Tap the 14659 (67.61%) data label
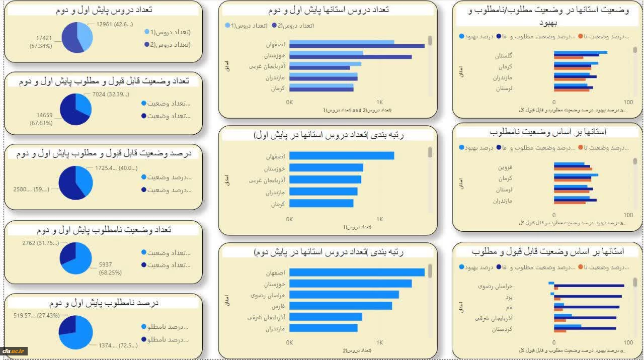point(41,119)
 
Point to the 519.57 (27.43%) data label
point(37,316)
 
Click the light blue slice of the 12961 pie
point(86,37)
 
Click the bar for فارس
point(341,306)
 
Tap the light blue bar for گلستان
point(580,52)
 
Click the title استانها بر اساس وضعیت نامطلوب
point(547,132)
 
